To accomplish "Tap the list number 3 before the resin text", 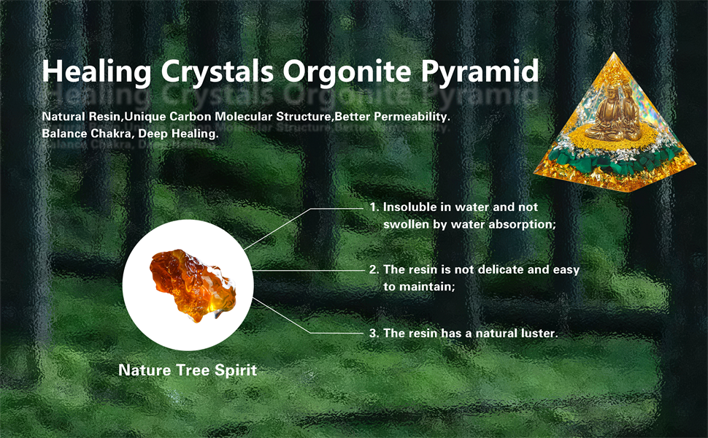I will click(373, 333).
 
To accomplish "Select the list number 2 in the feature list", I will click(373, 269).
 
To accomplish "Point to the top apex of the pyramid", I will click(613, 53).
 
